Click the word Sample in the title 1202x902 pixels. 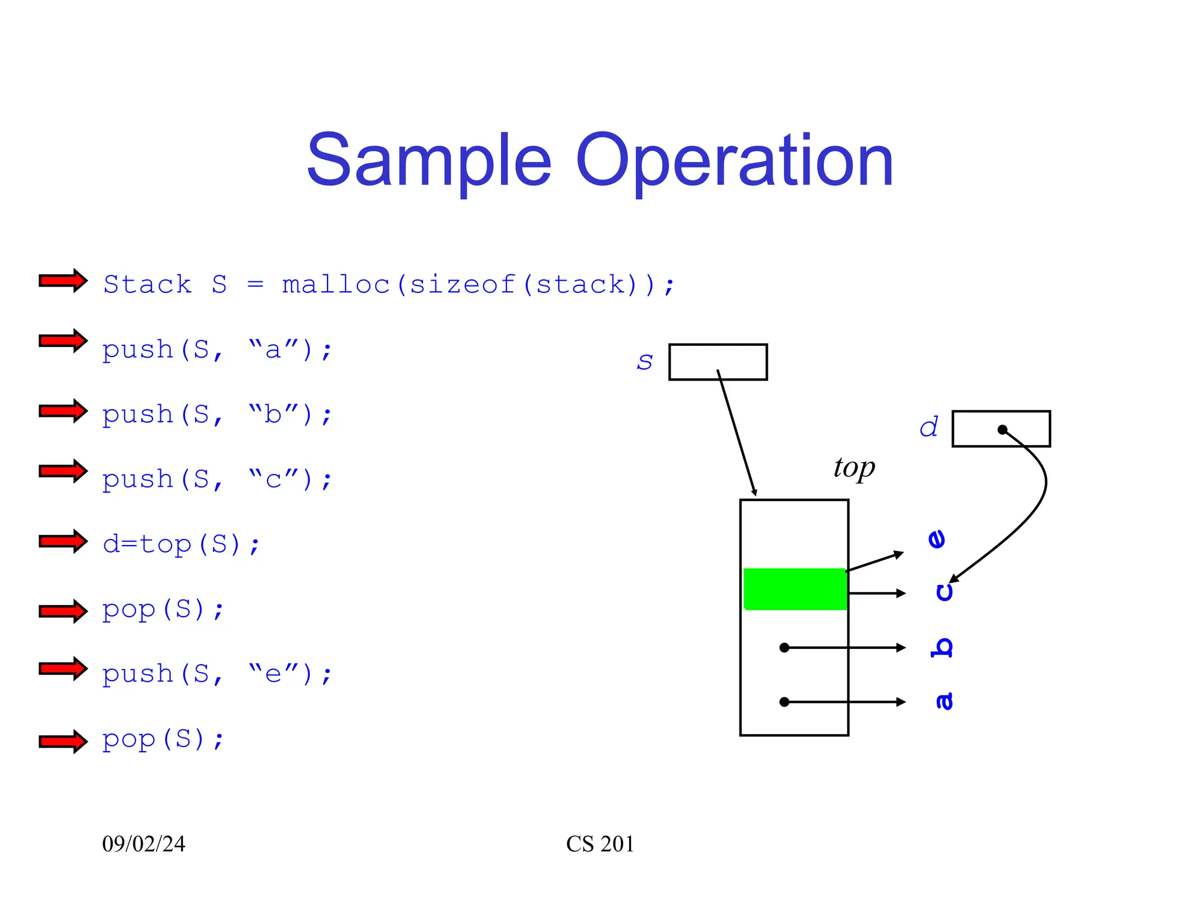(428, 160)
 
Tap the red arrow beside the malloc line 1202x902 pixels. (63, 281)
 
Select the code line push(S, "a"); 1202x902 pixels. (217, 349)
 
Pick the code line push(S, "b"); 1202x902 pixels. (217, 415)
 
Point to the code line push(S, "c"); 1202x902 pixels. (217, 479)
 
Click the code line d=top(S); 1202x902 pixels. (181, 544)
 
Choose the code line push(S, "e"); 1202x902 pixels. (217, 674)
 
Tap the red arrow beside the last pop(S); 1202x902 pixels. (63, 741)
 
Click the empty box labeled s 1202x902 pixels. (717, 362)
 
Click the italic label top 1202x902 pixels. (854, 468)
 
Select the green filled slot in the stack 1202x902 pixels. (795, 589)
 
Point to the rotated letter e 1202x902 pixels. (937, 538)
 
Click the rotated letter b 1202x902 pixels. (942, 647)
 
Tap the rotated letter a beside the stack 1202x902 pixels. (944, 701)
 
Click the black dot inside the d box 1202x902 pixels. (1002, 429)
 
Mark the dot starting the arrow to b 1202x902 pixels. (784, 648)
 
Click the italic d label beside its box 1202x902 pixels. (928, 428)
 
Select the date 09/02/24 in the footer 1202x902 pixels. (144, 844)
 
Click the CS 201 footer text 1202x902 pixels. (600, 844)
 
